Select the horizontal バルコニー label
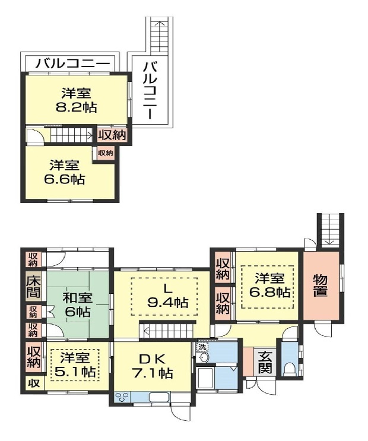click(x=72, y=62)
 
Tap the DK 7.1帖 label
click(x=153, y=366)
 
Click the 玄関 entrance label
click(x=264, y=362)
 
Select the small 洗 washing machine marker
click(x=202, y=347)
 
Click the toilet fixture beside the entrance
click(x=288, y=368)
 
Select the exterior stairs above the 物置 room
click(x=330, y=230)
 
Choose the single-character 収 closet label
click(x=33, y=383)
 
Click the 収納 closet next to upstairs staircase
click(x=112, y=135)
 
